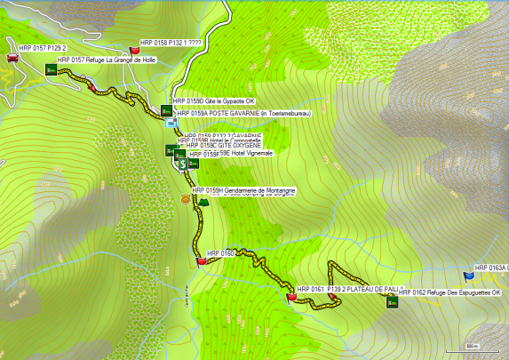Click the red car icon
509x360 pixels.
[12, 57]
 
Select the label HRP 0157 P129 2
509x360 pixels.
[44, 48]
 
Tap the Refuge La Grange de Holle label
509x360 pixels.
[106, 60]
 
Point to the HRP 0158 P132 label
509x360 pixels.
[177, 42]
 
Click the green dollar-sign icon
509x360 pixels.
[181, 164]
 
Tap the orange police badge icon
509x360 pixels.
[185, 199]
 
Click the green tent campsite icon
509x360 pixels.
[203, 202]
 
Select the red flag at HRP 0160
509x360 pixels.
[201, 260]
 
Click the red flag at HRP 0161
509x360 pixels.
[291, 297]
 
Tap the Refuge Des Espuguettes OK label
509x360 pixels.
[449, 292]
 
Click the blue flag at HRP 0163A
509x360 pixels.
[468, 276]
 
